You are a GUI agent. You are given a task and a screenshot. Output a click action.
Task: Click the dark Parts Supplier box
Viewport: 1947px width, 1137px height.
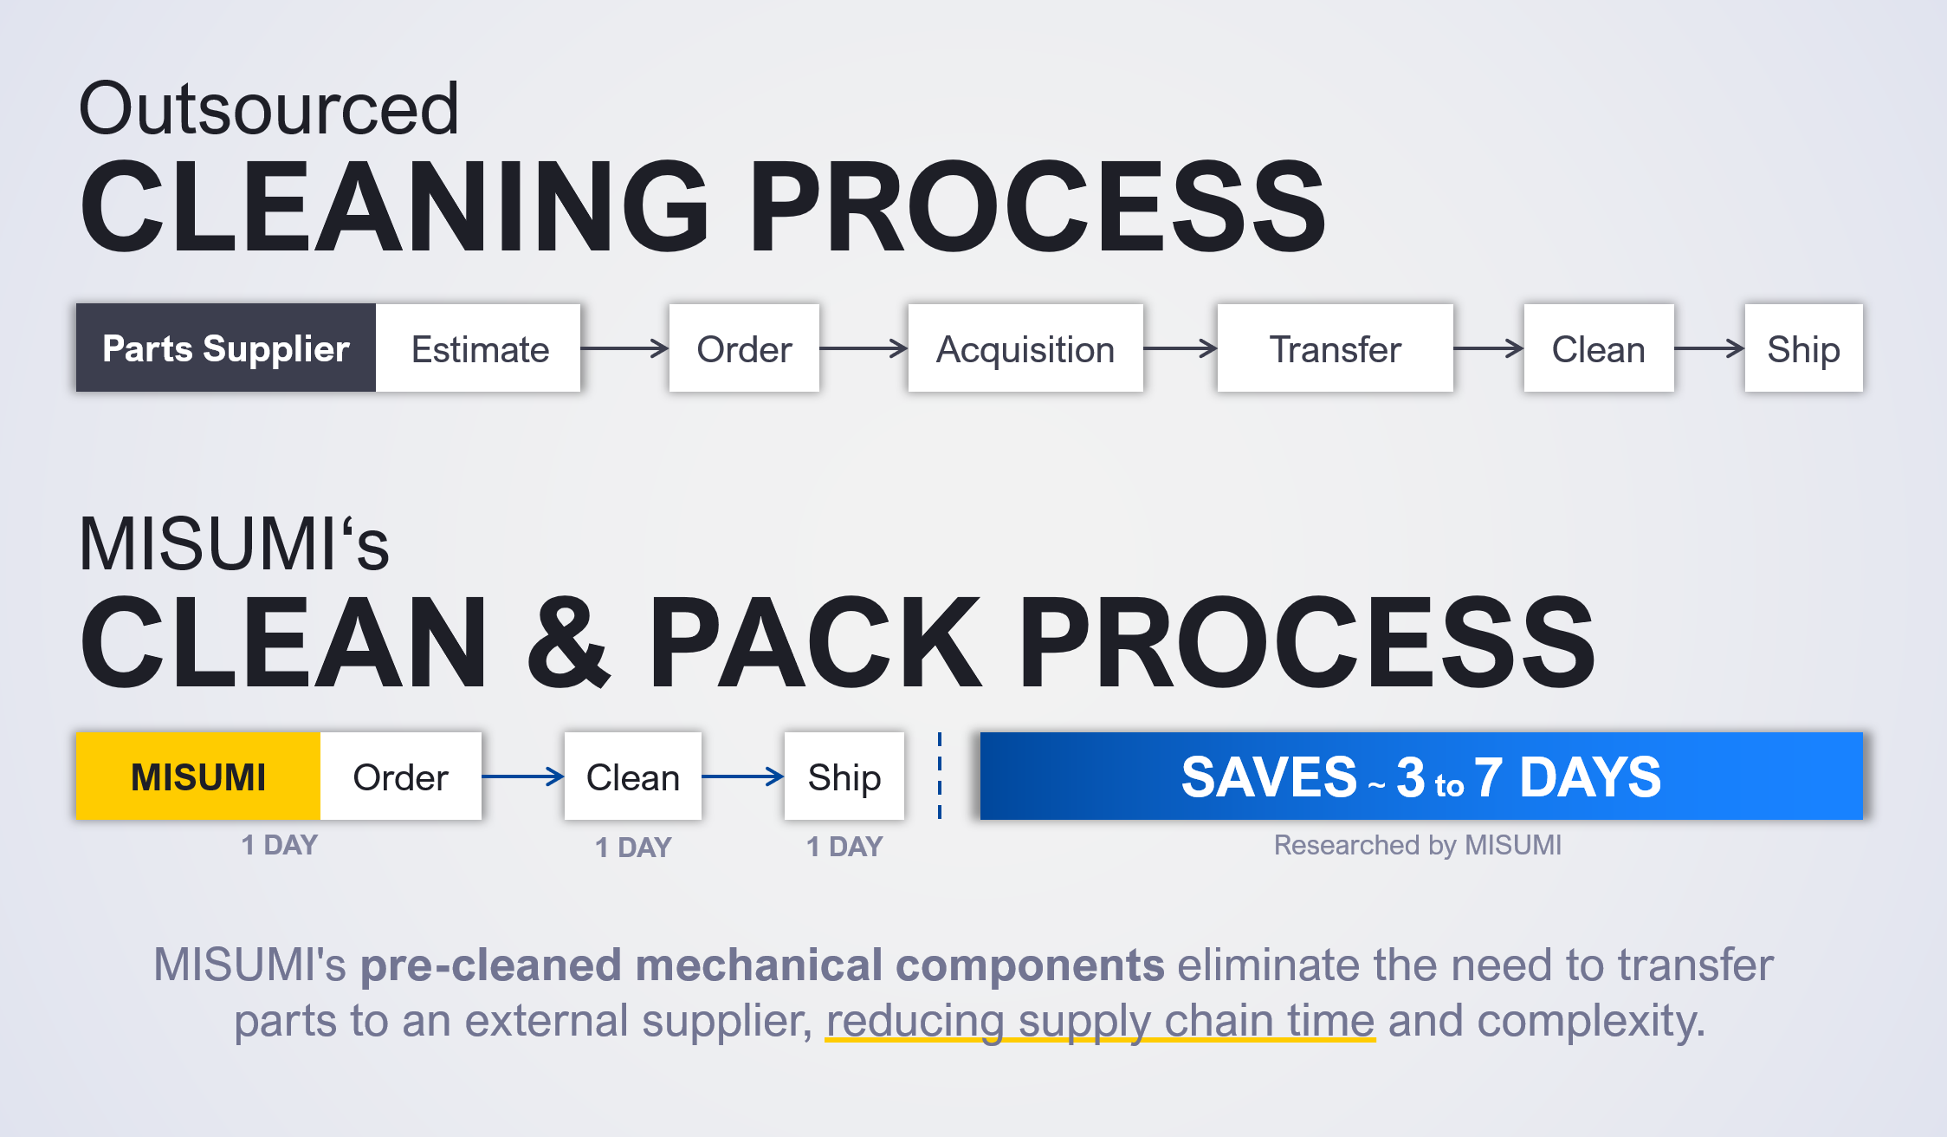pyautogui.click(x=226, y=348)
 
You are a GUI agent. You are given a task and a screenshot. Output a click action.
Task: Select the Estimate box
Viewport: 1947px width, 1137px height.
pyautogui.click(x=478, y=348)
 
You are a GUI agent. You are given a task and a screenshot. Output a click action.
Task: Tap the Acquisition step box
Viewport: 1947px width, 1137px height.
pyautogui.click(x=1025, y=348)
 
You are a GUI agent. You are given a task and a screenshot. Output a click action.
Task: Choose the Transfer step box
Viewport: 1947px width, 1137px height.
pyautogui.click(x=1335, y=348)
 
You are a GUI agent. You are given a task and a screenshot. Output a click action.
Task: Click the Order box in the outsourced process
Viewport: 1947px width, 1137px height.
pyautogui.click(x=744, y=348)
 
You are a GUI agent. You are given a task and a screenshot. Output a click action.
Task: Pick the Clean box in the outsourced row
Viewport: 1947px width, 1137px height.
pyautogui.click(x=1599, y=348)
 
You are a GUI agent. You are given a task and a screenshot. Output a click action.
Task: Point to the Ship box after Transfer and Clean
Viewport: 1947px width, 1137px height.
pyautogui.click(x=1803, y=348)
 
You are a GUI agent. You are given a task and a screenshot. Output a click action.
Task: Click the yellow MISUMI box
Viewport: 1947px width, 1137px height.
pyautogui.click(x=198, y=776)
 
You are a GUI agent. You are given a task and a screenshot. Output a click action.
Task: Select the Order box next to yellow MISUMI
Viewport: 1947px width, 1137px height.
pyautogui.click(x=401, y=776)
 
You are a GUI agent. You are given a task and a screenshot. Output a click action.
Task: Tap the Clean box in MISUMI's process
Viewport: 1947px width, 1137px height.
pyautogui.click(x=633, y=776)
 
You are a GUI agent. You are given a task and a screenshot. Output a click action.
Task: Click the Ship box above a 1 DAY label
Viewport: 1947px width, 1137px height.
pyautogui.click(x=844, y=776)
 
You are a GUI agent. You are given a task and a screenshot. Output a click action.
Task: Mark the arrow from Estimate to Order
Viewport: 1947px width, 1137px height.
pyautogui.click(x=624, y=348)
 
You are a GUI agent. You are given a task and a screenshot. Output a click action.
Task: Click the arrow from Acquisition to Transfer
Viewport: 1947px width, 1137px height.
pyautogui.click(x=1180, y=348)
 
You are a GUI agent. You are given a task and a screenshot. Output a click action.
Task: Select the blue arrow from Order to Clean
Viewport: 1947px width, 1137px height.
pyautogui.click(x=523, y=776)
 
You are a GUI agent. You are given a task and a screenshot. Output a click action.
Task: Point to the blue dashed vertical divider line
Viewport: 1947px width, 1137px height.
pyautogui.click(x=940, y=776)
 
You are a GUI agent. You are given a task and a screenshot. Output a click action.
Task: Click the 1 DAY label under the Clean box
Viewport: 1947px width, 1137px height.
pyautogui.click(x=633, y=847)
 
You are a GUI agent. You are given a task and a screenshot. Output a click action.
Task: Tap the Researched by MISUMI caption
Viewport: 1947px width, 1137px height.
pyautogui.click(x=1418, y=845)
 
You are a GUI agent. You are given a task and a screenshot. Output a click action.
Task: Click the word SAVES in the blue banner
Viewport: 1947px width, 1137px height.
pyautogui.click(x=1269, y=776)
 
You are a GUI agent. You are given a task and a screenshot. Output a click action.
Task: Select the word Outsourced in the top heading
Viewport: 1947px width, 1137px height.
pyautogui.click(x=268, y=108)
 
